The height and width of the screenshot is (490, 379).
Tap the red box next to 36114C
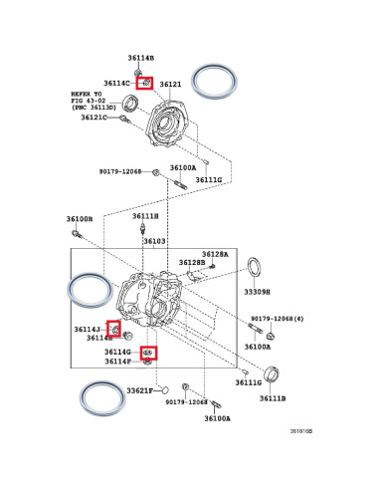145,83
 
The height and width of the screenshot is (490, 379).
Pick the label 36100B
80,218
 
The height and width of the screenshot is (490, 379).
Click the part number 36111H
145,215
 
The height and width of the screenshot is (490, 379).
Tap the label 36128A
216,254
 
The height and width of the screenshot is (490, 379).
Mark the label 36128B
192,263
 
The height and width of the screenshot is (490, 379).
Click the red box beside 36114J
115,329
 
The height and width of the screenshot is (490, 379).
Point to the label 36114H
99,339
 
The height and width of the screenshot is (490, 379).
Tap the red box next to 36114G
146,353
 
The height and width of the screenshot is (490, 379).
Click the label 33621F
139,391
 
